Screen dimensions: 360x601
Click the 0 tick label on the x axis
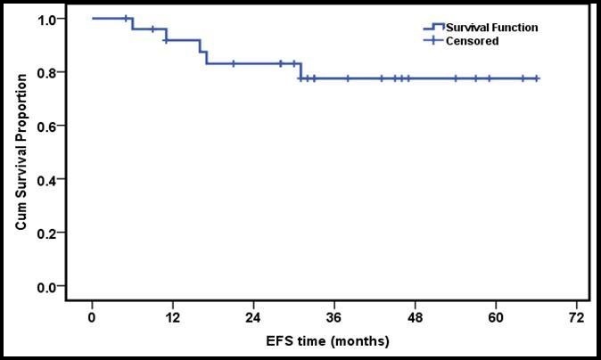pos(92,317)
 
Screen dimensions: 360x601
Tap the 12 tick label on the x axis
pos(172,317)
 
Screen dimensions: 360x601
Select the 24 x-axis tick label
pos(253,317)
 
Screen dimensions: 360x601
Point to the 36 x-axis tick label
pos(333,317)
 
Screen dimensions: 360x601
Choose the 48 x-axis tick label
pos(415,317)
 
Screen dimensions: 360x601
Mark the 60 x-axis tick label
pos(495,317)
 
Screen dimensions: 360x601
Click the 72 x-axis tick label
pos(576,317)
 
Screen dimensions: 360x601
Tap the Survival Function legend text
pos(493,28)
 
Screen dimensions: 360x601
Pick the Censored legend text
pos(473,41)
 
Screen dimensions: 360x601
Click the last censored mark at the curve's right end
pos(536,78)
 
